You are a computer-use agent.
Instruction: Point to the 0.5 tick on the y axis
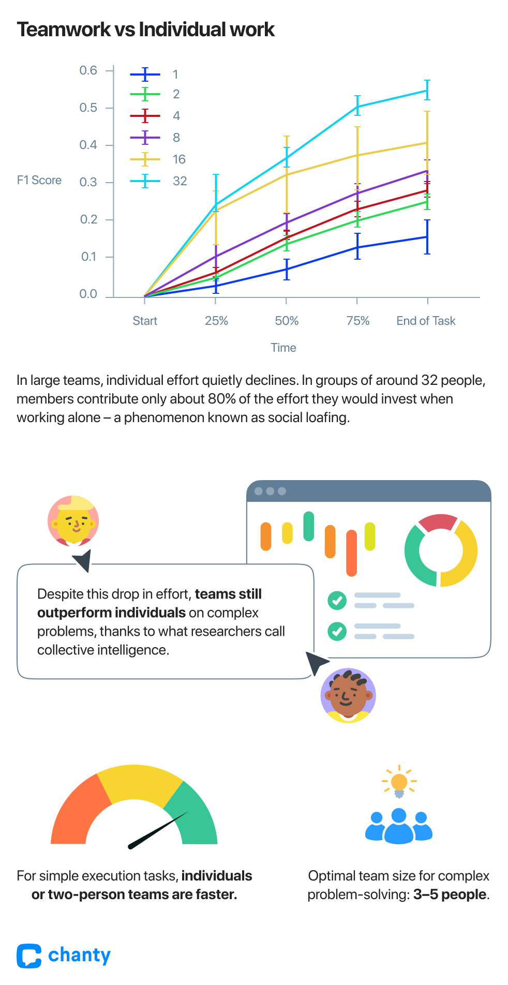pyautogui.click(x=88, y=108)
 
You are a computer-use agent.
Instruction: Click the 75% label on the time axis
pyautogui.click(x=358, y=321)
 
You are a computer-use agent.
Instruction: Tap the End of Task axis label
pyautogui.click(x=426, y=321)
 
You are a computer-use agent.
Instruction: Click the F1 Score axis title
pyautogui.click(x=39, y=180)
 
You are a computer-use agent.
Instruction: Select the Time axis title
pyautogui.click(x=283, y=348)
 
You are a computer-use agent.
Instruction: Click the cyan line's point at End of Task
pyautogui.click(x=427, y=91)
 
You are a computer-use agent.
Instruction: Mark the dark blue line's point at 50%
pyautogui.click(x=287, y=269)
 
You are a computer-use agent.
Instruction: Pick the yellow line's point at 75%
pyautogui.click(x=357, y=155)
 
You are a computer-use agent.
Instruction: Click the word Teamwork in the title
pyautogui.click(x=64, y=29)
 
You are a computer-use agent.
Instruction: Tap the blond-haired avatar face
pyautogui.click(x=73, y=520)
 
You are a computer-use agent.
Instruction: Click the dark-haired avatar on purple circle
pyautogui.click(x=348, y=695)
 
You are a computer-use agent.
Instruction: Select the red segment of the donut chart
pyautogui.click(x=438, y=523)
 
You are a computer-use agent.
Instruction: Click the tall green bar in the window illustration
pyautogui.click(x=308, y=526)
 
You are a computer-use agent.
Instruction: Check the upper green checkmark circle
pyautogui.click(x=337, y=601)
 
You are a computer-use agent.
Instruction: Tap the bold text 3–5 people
pyautogui.click(x=450, y=894)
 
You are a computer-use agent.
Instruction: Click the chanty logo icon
pyautogui.click(x=29, y=956)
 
